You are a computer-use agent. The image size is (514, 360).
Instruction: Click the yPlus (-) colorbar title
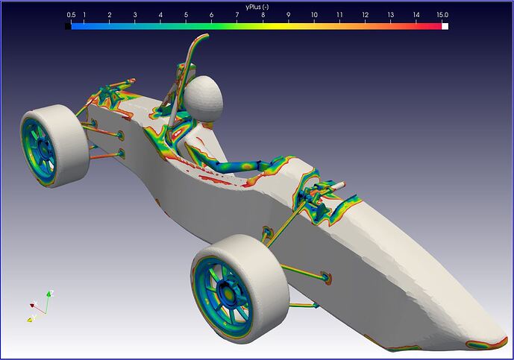[x=257, y=7]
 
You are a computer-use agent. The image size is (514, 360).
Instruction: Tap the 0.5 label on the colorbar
[x=71, y=15]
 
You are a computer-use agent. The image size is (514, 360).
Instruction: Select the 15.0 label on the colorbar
[x=442, y=15]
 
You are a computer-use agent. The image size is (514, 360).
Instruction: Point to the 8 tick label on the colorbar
[x=263, y=15]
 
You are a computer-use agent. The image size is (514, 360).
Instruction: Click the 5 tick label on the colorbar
[x=186, y=15]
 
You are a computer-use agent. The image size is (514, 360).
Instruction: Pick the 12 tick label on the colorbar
[x=366, y=15]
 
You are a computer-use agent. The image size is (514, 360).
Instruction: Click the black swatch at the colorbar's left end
[x=68, y=26]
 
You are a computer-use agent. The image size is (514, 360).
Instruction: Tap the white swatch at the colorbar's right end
[x=445, y=26]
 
